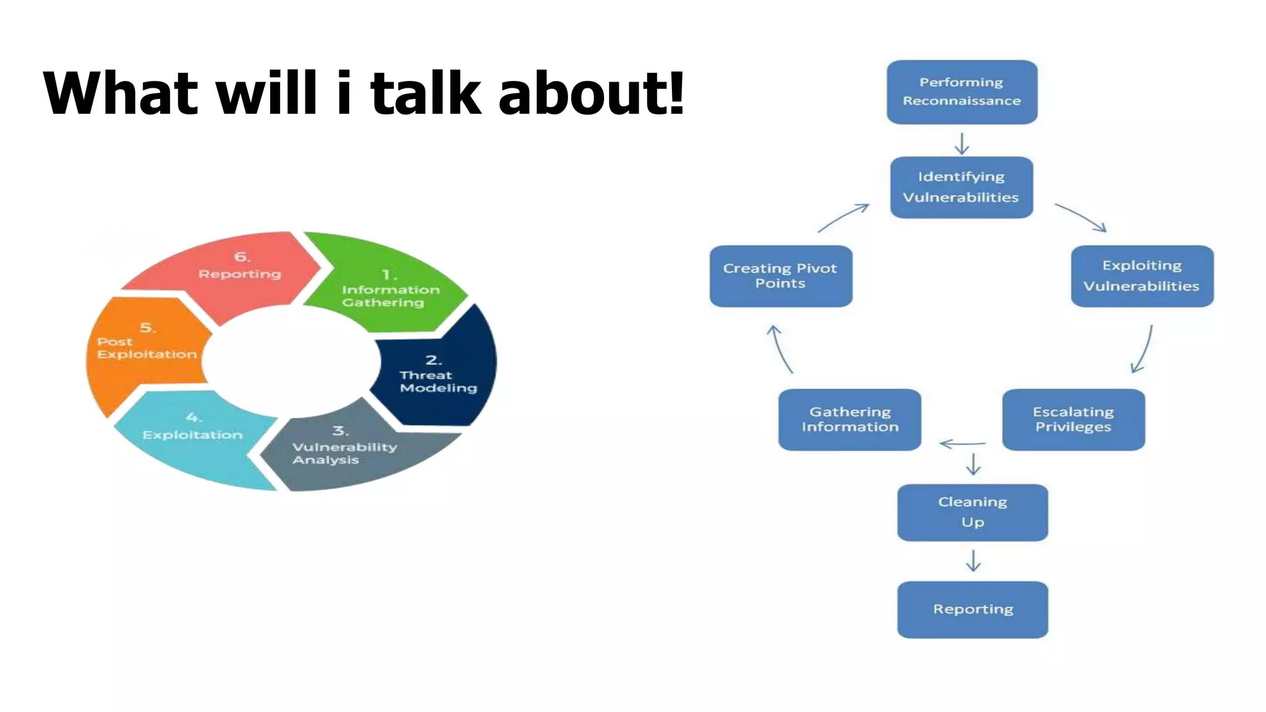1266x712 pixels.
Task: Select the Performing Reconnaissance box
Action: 962,92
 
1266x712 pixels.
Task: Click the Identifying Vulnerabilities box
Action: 961,187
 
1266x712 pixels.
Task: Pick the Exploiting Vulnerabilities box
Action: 1142,276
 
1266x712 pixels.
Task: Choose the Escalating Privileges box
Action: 1073,420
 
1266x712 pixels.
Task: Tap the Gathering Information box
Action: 849,420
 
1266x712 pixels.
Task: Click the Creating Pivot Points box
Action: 780,276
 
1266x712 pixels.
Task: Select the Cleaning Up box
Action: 972,512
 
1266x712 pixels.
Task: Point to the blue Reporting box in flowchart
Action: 972,609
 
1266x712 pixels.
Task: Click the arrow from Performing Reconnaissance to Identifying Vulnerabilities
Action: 962,143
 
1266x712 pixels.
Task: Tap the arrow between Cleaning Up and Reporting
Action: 973,561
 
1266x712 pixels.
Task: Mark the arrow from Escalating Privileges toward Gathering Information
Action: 962,443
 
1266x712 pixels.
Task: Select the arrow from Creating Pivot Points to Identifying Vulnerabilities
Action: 843,218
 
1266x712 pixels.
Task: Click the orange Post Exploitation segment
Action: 145,349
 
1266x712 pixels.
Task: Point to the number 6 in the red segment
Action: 241,256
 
